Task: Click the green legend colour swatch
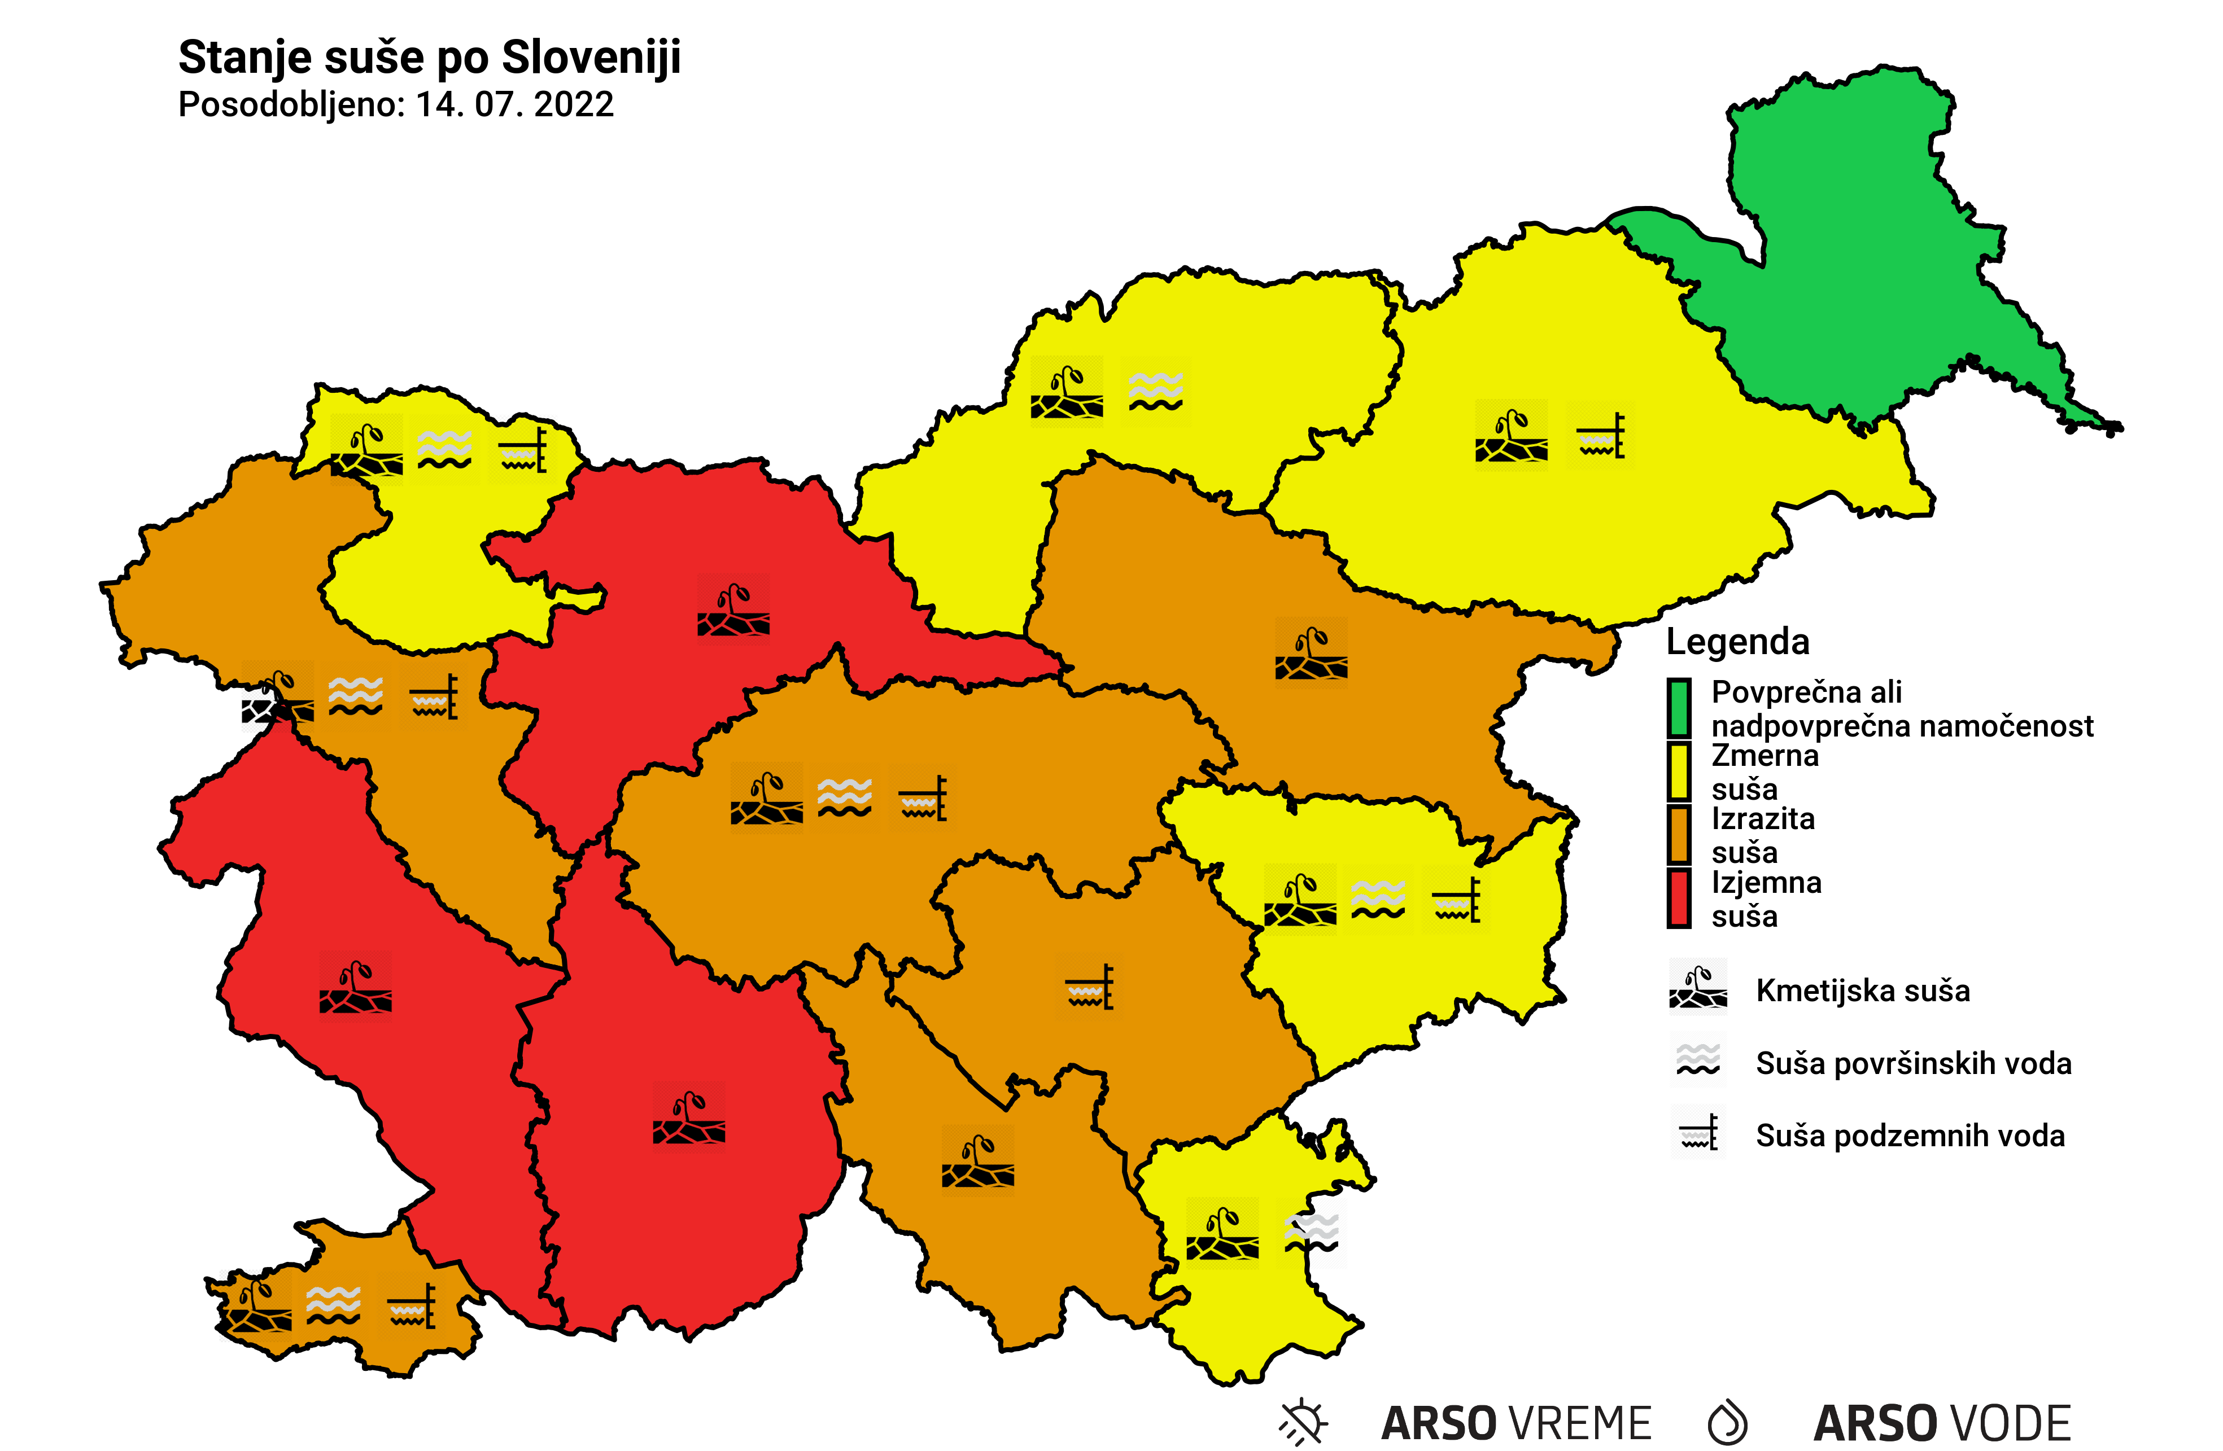pos(1679,707)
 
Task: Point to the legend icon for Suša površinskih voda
pos(1698,1060)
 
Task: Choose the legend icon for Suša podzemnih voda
pos(1698,1133)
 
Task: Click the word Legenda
pos(1737,642)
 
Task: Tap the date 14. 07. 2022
pos(514,104)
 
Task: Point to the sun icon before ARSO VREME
pos(1303,1422)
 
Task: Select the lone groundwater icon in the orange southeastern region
pos(1090,987)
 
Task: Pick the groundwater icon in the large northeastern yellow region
pos(1601,435)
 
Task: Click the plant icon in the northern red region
pos(733,610)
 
